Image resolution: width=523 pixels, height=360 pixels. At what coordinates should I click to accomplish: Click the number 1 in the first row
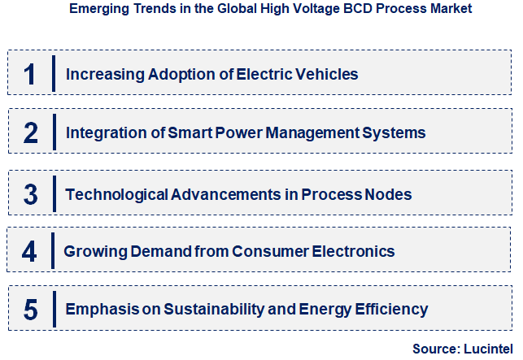(x=30, y=74)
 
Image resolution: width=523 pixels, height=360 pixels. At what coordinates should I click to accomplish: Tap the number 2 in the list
(x=31, y=132)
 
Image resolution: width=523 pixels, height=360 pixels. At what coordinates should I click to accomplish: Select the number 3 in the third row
(x=31, y=194)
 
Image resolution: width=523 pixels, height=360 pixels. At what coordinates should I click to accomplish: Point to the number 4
(x=30, y=251)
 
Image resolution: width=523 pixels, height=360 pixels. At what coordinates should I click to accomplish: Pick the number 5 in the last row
(x=30, y=310)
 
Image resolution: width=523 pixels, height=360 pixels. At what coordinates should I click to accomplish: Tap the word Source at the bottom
(x=434, y=348)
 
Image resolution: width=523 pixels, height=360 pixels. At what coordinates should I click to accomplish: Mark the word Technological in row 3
(x=117, y=194)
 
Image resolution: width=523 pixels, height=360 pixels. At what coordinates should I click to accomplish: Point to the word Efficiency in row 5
(x=390, y=310)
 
